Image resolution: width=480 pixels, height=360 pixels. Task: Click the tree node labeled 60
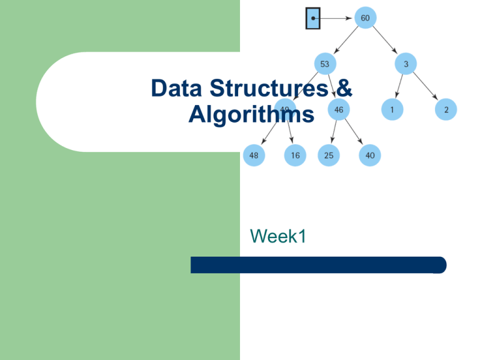[x=365, y=18]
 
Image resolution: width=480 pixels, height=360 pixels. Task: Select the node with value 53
[x=325, y=63]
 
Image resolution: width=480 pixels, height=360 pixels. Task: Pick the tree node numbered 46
[x=338, y=110]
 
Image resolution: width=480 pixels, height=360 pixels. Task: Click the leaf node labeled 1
[x=392, y=110]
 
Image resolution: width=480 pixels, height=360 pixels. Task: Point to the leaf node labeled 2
[x=446, y=110]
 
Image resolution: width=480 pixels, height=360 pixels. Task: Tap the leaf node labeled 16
[x=294, y=156]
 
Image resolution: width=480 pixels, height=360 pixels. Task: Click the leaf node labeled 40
[x=370, y=156]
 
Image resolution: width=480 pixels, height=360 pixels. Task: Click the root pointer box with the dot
[x=312, y=18]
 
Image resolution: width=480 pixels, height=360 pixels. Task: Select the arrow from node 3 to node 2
[x=426, y=87]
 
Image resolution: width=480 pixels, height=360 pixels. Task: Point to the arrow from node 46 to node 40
[x=354, y=133]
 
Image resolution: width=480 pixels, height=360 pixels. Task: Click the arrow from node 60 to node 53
[x=345, y=41]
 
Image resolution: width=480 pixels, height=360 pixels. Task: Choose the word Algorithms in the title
[x=251, y=116]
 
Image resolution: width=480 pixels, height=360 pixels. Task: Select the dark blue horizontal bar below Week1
[x=318, y=265]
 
